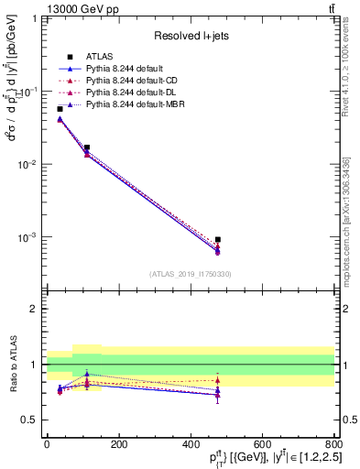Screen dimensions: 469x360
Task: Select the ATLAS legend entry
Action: [x=100, y=56]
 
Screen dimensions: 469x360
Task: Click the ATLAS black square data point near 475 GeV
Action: [x=218, y=240]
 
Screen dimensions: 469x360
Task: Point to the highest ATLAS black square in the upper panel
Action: [x=60, y=109]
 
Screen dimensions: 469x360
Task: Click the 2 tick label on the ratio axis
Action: [x=35, y=309]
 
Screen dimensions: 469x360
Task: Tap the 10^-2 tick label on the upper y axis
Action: [x=27, y=165]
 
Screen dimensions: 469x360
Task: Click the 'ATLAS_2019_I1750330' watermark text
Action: [x=190, y=273]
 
